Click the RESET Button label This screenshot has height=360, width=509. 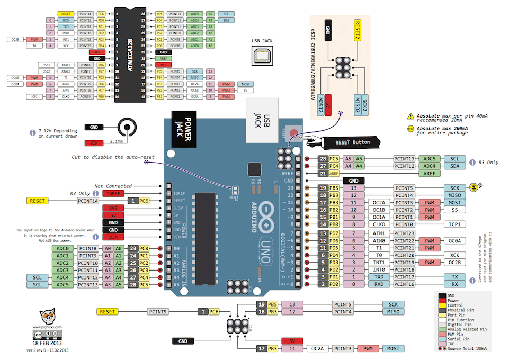coord(353,142)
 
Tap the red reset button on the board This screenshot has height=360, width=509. coord(294,131)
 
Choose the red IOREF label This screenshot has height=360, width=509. coord(113,194)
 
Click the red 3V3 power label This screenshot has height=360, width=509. coord(113,209)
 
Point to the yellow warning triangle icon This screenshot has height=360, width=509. coord(410,116)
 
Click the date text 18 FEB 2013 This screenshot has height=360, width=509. coord(48,344)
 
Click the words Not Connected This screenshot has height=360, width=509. coord(113,186)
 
